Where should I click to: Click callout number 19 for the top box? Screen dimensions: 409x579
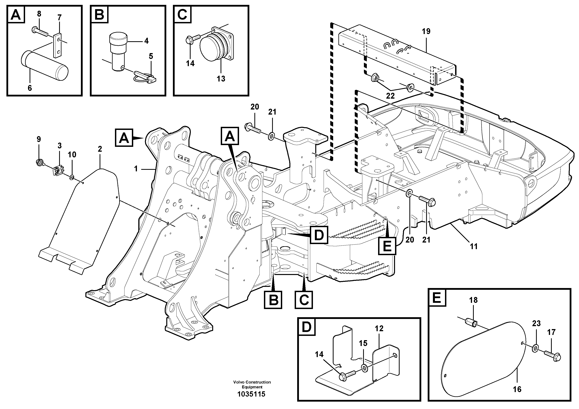[426, 32]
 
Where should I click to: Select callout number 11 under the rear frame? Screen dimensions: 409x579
[474, 246]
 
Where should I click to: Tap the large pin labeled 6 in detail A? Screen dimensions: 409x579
[44, 66]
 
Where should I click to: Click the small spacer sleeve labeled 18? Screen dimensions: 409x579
[470, 323]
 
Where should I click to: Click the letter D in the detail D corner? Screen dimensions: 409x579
[307, 327]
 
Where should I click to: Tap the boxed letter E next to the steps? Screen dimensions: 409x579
[387, 245]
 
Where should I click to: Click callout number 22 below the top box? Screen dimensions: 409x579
[390, 96]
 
